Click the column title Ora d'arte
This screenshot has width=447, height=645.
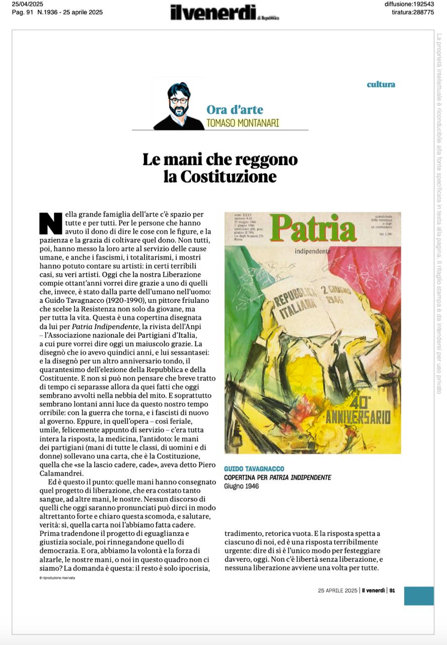235,109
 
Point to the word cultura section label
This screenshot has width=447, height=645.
381,84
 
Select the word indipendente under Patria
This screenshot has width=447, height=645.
313,251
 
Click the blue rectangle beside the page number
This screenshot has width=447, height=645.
418,595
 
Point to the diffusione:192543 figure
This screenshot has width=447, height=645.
409,5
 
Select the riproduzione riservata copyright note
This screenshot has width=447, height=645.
57,578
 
